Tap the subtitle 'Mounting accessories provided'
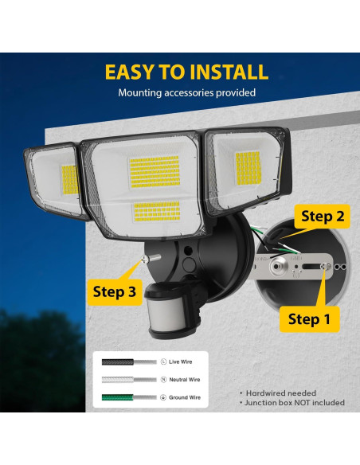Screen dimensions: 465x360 pyautogui.click(x=186, y=93)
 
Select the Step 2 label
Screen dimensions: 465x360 pyautogui.click(x=323, y=216)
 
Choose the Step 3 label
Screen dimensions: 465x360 pyautogui.click(x=115, y=291)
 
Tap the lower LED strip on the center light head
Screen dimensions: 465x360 pyautogui.click(x=156, y=211)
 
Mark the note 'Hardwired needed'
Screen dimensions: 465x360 pyautogui.click(x=280, y=393)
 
